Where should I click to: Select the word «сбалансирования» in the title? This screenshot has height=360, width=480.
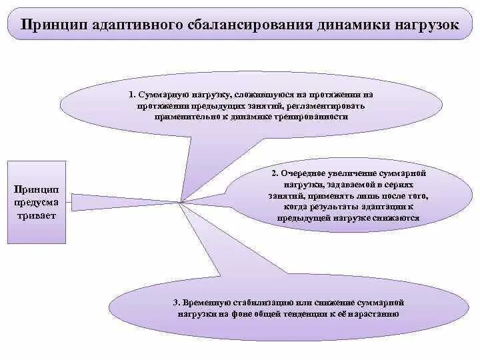[x=241, y=25]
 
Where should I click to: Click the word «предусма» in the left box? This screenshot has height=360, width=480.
[x=37, y=202]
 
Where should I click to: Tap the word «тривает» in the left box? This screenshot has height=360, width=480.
[x=37, y=216]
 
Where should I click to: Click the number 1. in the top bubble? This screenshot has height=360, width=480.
[x=132, y=95]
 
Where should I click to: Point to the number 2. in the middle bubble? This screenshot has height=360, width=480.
[x=274, y=173]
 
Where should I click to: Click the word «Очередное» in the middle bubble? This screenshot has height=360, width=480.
[x=304, y=173]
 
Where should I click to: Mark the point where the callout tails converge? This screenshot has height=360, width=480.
[x=180, y=201]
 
